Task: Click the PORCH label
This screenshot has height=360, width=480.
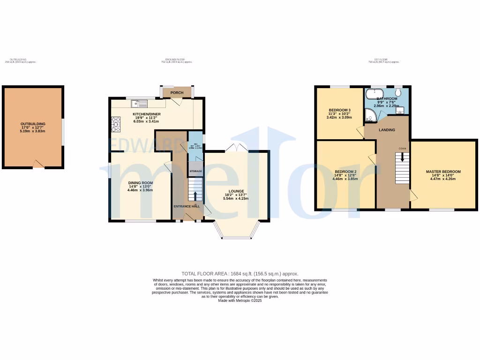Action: click(x=177, y=93)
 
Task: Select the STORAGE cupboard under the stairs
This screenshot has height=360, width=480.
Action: click(x=195, y=171)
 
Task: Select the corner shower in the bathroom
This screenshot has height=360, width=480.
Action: click(x=371, y=114)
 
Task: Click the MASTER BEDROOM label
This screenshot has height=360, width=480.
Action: click(x=443, y=172)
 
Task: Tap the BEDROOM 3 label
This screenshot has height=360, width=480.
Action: click(x=339, y=110)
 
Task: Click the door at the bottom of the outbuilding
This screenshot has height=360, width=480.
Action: click(x=38, y=164)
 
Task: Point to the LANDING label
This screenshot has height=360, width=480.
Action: click(x=387, y=130)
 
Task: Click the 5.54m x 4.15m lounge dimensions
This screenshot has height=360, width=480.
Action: click(x=236, y=199)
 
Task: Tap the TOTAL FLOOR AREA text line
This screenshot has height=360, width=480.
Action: click(x=240, y=274)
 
